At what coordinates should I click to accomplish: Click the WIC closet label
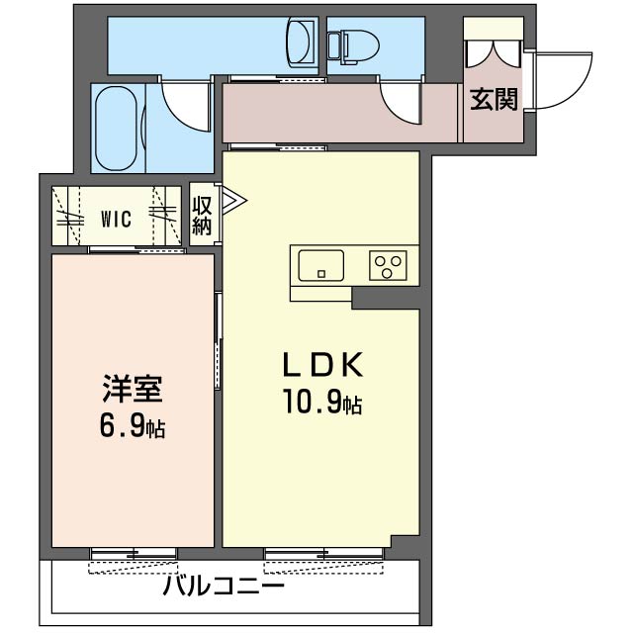point(116,220)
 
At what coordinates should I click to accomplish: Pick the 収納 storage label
point(203,216)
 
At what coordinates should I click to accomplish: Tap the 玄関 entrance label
point(494,100)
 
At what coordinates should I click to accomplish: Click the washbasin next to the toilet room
point(299,43)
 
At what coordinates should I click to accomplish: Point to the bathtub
point(118,128)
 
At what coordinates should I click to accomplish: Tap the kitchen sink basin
point(321,265)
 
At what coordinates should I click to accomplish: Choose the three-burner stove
point(389,265)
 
